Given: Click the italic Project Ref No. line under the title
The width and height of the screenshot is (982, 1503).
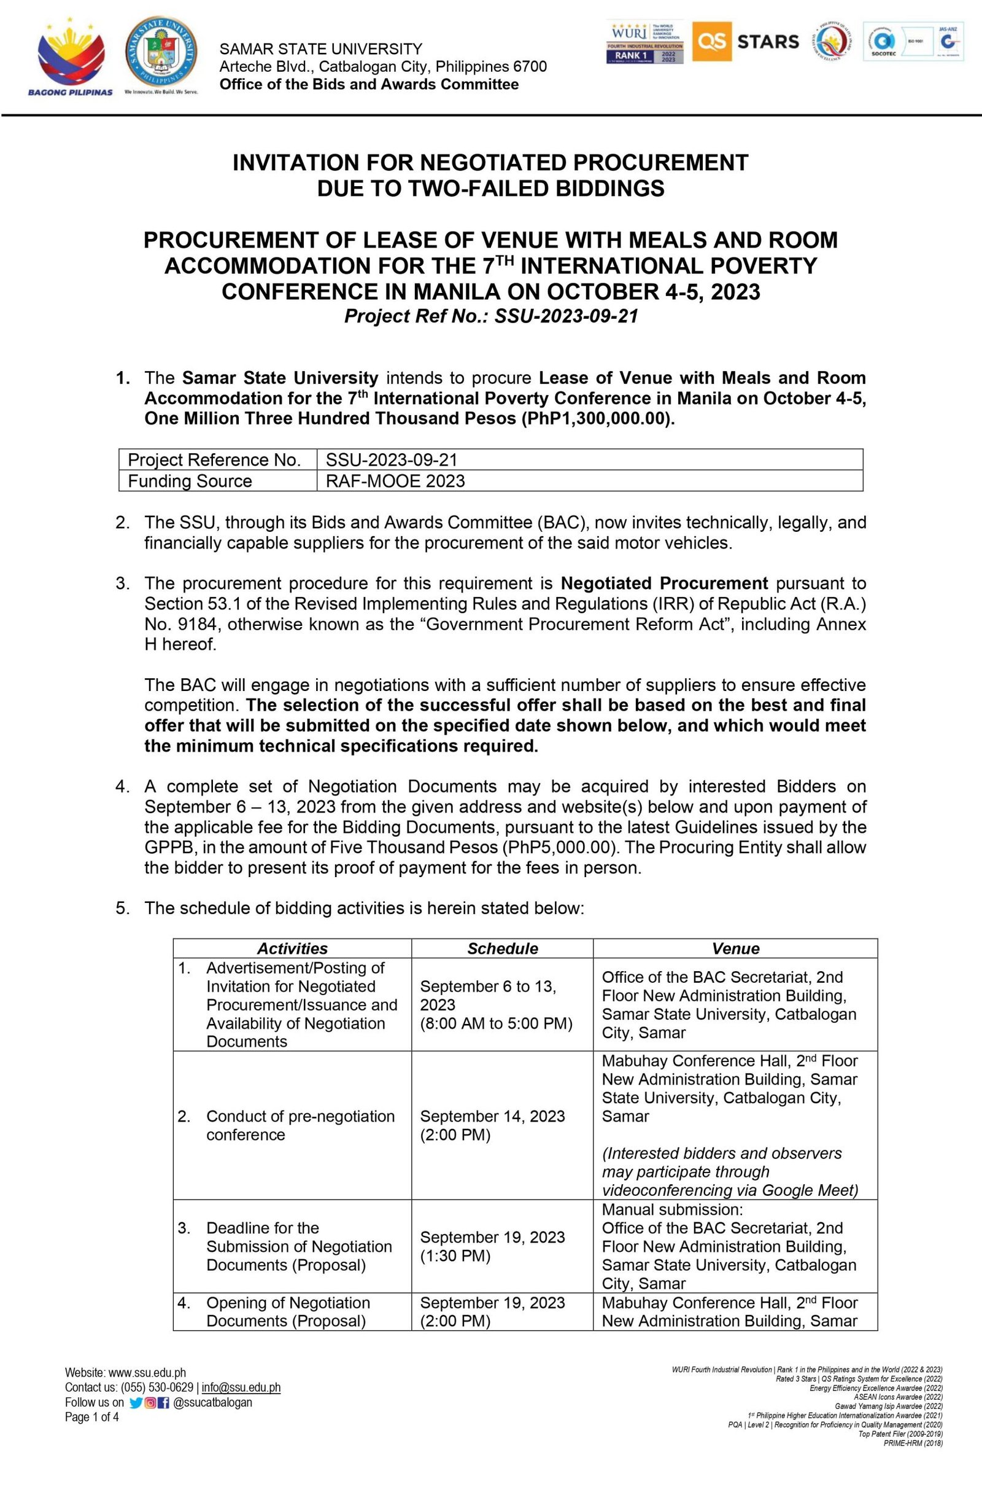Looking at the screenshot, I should click(491, 316).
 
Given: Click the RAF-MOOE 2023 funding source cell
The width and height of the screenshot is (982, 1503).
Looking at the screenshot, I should click(395, 481).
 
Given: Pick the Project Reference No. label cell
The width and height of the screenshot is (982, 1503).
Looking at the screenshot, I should click(214, 459).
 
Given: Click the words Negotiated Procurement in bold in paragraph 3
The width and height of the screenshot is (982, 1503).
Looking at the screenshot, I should click(665, 583).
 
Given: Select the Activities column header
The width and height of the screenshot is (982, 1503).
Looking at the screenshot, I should click(292, 948).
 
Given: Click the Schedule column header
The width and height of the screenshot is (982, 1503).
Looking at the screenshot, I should click(503, 948).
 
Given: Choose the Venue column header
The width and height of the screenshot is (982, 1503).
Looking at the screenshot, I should click(735, 948).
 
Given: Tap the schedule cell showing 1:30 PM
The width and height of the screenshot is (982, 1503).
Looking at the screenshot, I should click(492, 1246).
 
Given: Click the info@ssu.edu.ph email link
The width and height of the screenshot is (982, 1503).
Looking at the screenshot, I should click(241, 1388).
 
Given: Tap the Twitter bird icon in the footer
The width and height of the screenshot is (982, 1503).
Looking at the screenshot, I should click(135, 1403).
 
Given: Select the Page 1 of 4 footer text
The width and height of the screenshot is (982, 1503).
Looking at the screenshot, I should click(91, 1417).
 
